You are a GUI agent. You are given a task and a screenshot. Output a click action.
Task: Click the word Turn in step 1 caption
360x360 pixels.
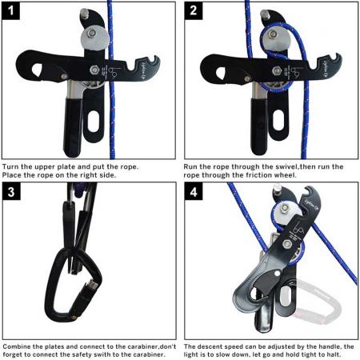[x=12, y=166]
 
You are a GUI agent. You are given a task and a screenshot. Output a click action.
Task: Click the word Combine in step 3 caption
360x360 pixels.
[x=18, y=347]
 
